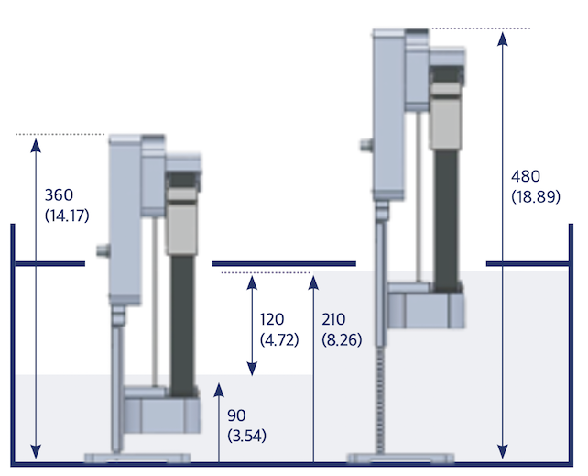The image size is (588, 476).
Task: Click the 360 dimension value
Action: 59,194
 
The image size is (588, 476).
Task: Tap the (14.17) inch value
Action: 67,216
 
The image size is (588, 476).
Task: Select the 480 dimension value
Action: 526,176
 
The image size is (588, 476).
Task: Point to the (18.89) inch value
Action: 536,196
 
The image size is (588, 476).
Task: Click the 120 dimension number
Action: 272,319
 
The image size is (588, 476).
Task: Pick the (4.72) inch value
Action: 279,340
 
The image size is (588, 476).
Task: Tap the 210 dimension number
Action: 333,319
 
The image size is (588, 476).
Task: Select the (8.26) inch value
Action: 342,340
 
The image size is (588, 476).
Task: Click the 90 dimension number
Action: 236,415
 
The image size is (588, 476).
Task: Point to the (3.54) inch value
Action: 246,436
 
